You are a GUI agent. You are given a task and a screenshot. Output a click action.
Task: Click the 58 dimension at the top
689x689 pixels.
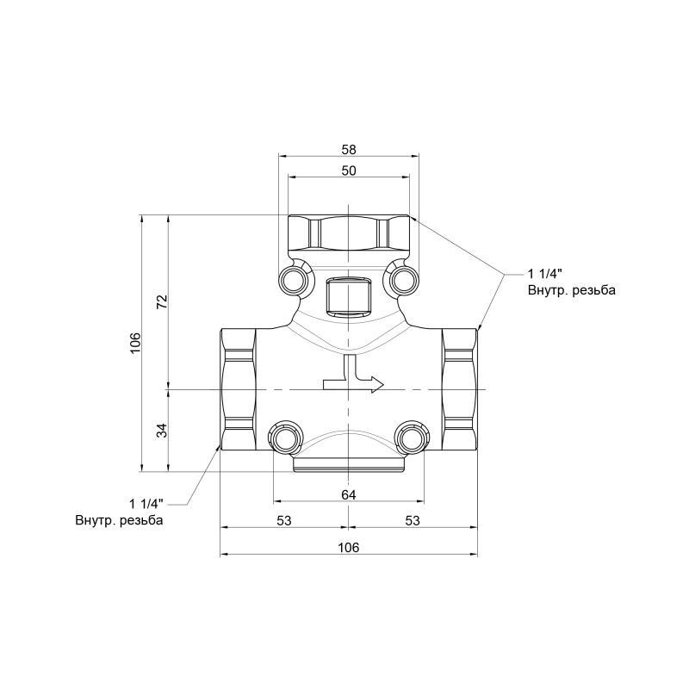pos(348,149)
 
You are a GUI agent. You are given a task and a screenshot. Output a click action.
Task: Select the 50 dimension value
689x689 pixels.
pos(348,171)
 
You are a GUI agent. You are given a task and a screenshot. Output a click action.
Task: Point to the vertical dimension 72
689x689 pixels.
pos(161,301)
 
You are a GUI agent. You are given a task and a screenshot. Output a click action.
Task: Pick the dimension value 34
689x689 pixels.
pos(161,431)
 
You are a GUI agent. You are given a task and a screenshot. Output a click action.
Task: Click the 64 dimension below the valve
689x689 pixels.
pos(348,493)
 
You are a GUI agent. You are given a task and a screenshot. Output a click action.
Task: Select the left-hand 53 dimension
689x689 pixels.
pos(284,520)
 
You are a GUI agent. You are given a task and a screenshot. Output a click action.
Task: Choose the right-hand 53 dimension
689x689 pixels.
pos(412,520)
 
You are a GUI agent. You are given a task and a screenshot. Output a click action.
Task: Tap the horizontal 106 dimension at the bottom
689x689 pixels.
pos(348,547)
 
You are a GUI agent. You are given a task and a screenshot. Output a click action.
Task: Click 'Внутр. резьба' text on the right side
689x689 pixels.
pos(571,291)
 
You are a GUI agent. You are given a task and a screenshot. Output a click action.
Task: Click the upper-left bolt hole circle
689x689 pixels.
pos(293,278)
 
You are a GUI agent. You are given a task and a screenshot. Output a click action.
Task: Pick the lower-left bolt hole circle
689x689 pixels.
pos(285,439)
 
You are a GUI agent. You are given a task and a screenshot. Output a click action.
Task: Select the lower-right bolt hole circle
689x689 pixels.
pos(411,439)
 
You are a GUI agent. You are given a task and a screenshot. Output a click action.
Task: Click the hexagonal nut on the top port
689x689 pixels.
pos(348,233)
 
